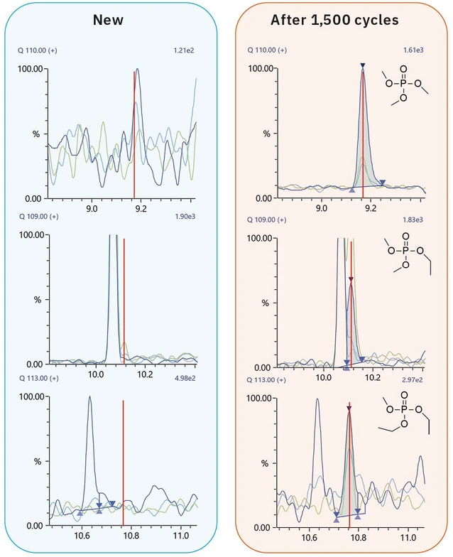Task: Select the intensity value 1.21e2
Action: click(184, 50)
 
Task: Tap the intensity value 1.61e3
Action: click(414, 50)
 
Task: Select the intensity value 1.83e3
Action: click(414, 220)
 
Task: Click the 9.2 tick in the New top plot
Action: click(141, 209)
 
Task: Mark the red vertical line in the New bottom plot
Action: click(124, 462)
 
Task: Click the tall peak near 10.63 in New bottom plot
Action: click(90, 399)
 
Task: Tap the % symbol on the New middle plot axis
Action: click(37, 299)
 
